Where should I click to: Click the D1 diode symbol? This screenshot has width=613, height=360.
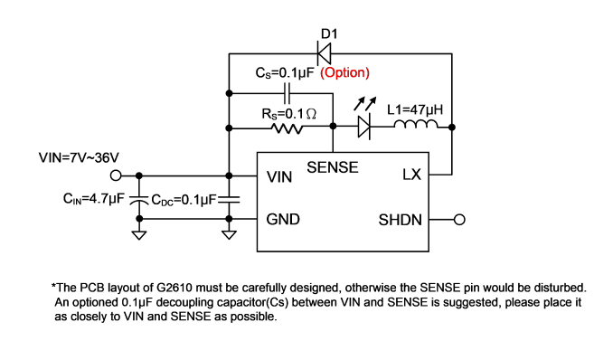click(324, 53)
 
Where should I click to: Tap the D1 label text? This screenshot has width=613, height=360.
click(329, 34)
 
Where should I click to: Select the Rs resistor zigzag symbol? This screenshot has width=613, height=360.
click(287, 128)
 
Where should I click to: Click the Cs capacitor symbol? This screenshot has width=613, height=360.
click(287, 93)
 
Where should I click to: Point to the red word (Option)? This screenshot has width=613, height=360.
click(344, 72)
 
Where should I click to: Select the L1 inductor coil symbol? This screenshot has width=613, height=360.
click(416, 124)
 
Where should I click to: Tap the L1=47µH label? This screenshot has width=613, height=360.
click(415, 109)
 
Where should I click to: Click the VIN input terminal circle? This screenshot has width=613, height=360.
click(116, 175)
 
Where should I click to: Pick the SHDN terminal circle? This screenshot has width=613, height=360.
click(459, 220)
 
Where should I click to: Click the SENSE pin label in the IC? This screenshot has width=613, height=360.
click(333, 167)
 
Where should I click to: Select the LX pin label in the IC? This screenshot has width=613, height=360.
click(411, 175)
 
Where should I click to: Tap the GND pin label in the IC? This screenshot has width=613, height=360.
click(283, 219)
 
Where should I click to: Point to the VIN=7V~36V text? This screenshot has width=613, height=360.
click(79, 157)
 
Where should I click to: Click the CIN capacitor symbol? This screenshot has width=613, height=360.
click(139, 200)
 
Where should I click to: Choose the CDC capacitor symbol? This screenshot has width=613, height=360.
click(229, 200)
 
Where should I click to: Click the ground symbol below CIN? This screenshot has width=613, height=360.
click(139, 235)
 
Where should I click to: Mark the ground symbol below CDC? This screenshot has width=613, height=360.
click(229, 235)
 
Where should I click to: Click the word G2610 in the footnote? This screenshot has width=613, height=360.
click(174, 288)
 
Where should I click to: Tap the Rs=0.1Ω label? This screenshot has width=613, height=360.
click(289, 114)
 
